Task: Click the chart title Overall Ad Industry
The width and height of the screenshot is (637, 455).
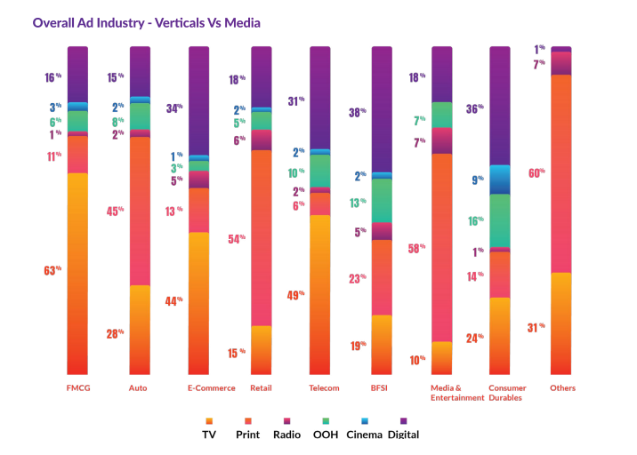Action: (147, 22)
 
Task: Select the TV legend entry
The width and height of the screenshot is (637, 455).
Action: (208, 435)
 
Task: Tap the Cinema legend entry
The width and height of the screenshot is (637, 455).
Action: (365, 435)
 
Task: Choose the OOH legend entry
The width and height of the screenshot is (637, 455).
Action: (325, 435)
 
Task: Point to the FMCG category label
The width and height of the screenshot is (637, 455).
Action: (78, 388)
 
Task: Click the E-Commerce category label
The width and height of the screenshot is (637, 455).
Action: (211, 388)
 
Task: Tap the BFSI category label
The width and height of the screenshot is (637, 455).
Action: (381, 388)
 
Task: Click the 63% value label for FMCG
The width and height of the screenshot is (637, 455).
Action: (53, 270)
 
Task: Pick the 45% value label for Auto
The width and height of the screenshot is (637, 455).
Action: (115, 212)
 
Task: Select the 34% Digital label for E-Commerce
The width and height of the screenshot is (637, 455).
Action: (173, 108)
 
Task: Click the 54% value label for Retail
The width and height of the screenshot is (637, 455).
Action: (236, 238)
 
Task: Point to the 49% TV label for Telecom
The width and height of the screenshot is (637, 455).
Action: (295, 295)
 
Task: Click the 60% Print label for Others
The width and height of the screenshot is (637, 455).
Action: (536, 173)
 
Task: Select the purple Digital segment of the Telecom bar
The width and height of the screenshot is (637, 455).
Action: (320, 98)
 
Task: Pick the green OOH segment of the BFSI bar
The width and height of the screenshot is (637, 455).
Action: (382, 200)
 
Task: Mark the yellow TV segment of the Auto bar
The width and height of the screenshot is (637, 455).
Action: (140, 329)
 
